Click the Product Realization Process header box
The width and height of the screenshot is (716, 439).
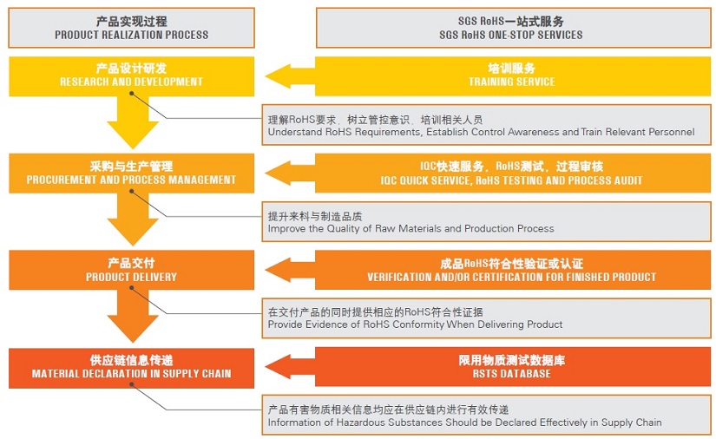point(132,28)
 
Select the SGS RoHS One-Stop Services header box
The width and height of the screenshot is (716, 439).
point(513,28)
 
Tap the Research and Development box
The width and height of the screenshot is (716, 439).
point(132,76)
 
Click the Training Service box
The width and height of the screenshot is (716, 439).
point(513,76)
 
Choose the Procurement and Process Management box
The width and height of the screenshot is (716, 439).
point(132,173)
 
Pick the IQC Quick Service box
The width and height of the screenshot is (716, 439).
point(513,173)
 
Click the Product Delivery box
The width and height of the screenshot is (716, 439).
point(132,270)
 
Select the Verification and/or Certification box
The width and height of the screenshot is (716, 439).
point(513,270)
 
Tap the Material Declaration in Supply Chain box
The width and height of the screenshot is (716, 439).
point(132,368)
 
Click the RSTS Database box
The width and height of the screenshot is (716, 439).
point(513,367)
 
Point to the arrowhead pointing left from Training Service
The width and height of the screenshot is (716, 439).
point(278,76)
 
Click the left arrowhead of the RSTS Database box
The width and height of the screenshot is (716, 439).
point(278,367)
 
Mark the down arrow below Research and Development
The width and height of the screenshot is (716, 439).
point(133,122)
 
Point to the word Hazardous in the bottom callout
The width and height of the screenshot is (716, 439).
point(359,423)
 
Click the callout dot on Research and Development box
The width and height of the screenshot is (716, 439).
point(132,93)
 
